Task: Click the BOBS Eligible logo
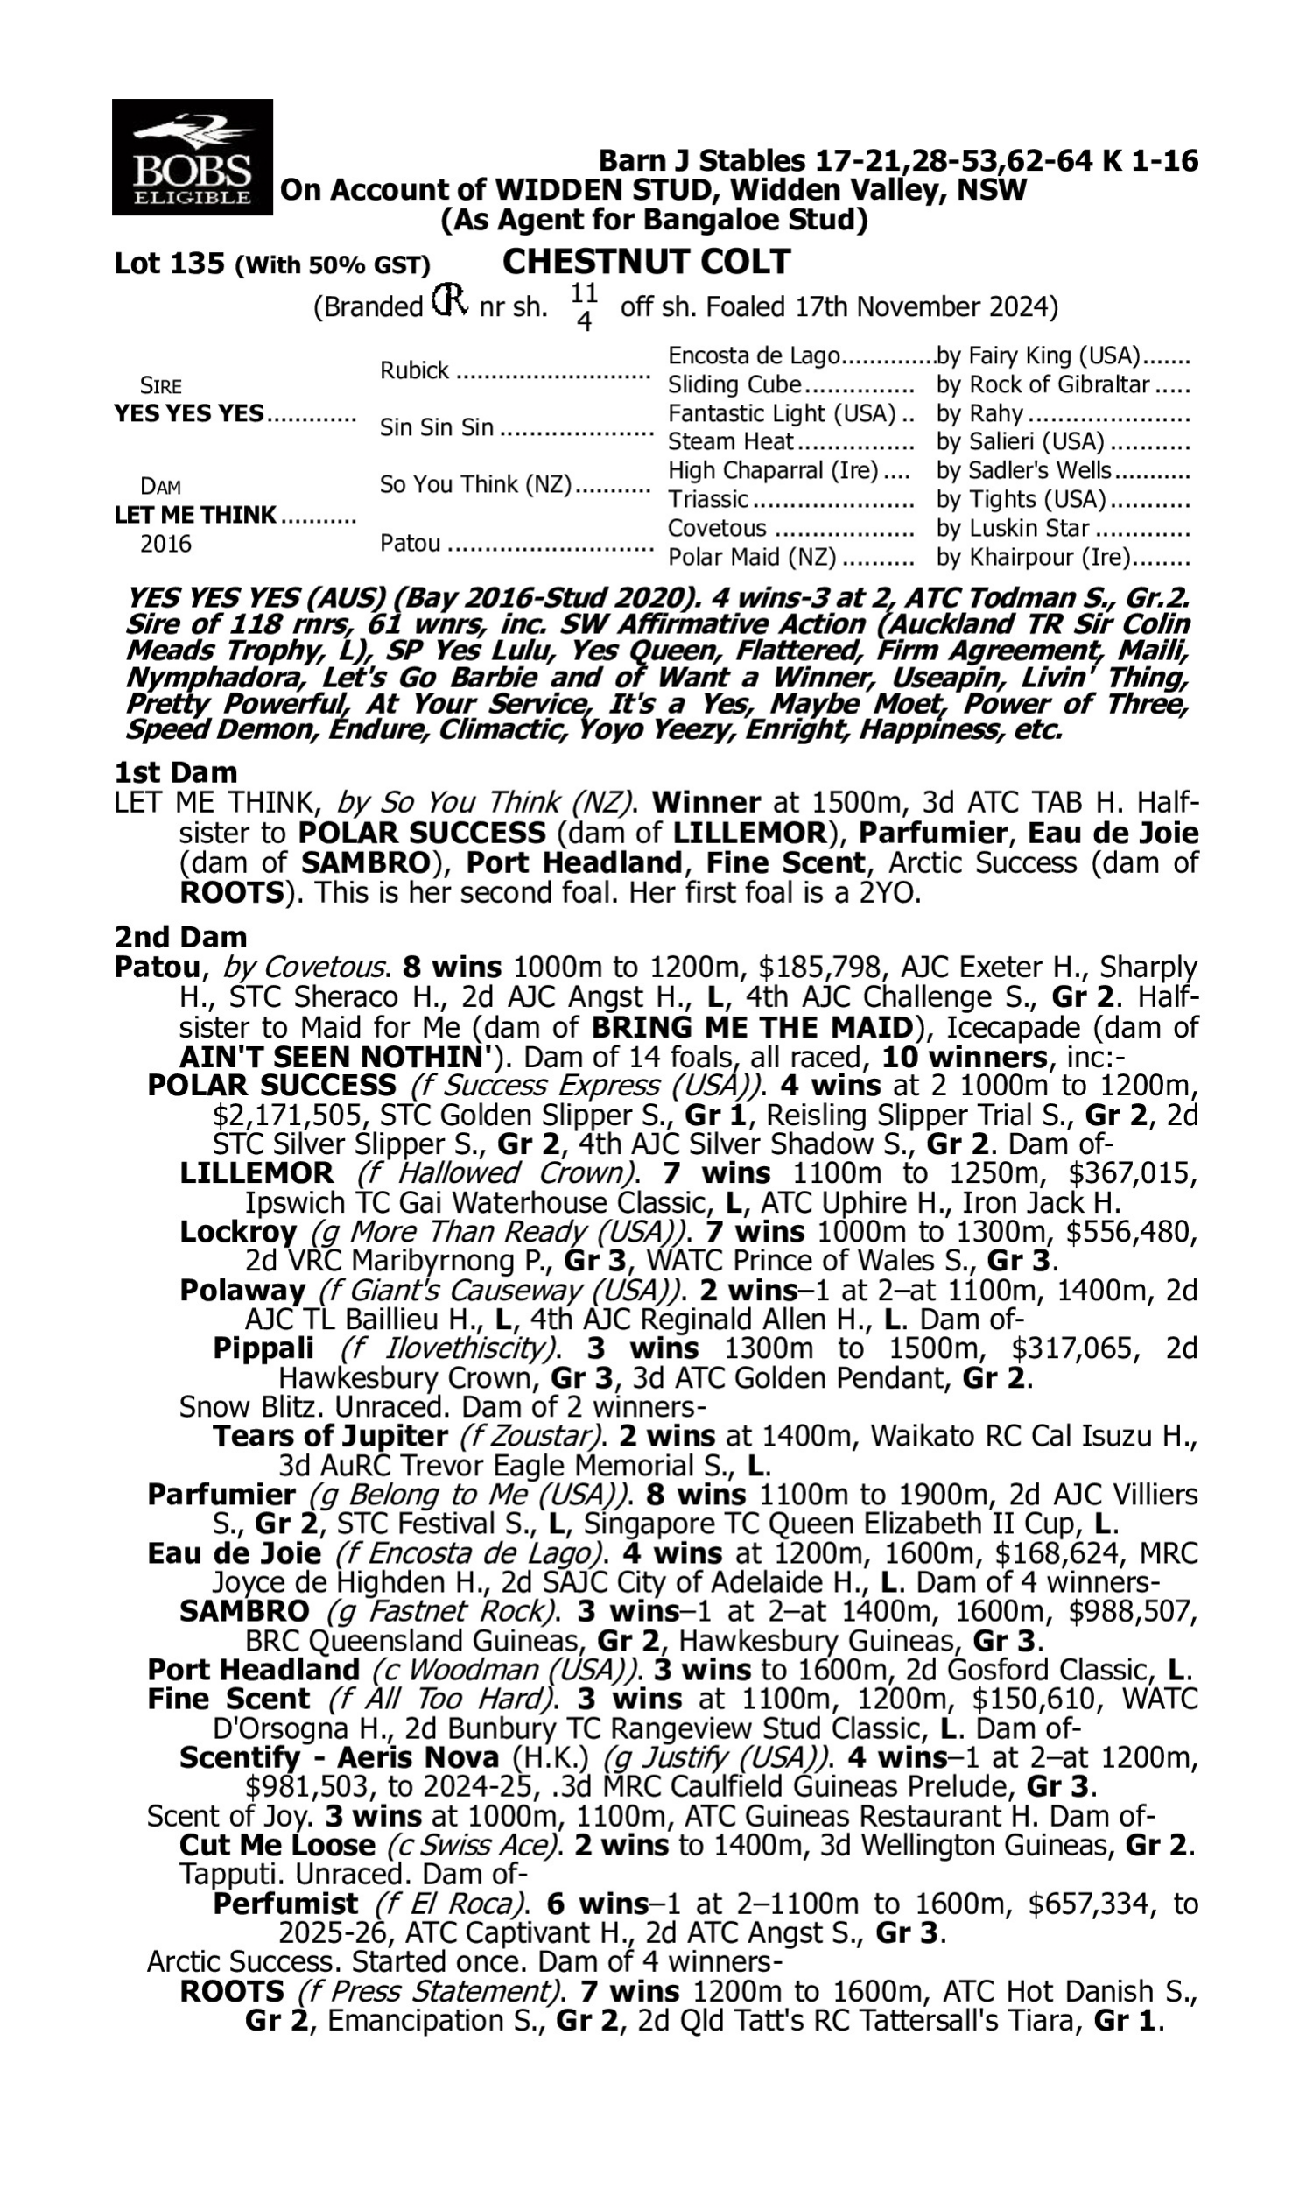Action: coord(192,158)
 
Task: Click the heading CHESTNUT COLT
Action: coord(646,263)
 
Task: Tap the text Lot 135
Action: coord(170,264)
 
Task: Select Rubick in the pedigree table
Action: coord(414,370)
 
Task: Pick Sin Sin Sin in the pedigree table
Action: coord(436,428)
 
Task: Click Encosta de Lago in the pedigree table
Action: coord(753,356)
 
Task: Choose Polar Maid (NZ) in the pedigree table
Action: coord(752,559)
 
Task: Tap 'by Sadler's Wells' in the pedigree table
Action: coord(1023,471)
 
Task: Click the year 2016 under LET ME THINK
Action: coord(165,544)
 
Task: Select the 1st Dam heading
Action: coord(176,772)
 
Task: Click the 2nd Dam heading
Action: coord(180,937)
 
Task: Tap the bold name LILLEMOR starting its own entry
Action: coord(256,1174)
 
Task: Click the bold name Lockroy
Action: coord(238,1233)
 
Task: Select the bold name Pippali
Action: coord(263,1348)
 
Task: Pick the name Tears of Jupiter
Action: coord(330,1436)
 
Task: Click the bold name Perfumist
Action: coord(285,1904)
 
